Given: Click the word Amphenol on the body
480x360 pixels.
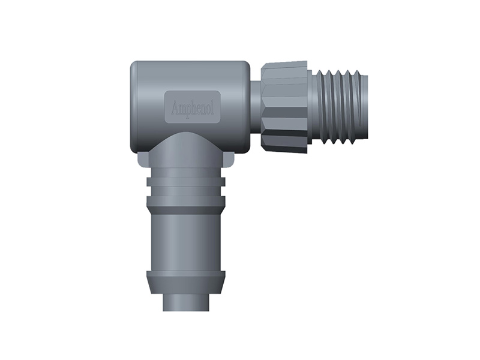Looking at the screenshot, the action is pyautogui.click(x=193, y=109).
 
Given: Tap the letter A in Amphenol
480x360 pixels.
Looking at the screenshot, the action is pyautogui.click(x=175, y=108).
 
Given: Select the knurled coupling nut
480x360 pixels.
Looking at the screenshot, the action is pyautogui.click(x=284, y=107).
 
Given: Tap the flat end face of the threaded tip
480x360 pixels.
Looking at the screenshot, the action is pyautogui.click(x=367, y=107).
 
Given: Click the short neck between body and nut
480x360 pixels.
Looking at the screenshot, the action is pyautogui.click(x=256, y=107).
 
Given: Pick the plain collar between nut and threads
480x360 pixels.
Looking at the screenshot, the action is pyautogui.click(x=310, y=107).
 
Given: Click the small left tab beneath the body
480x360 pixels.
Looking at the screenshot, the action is pyautogui.click(x=143, y=159).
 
